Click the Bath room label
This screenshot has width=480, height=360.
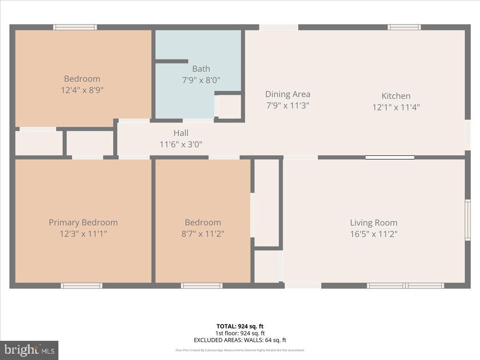click(x=201, y=69)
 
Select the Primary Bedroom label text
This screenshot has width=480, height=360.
click(x=83, y=222)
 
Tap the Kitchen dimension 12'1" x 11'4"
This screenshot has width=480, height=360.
click(x=396, y=107)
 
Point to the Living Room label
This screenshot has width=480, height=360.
click(x=374, y=223)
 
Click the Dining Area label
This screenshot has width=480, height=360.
click(x=288, y=94)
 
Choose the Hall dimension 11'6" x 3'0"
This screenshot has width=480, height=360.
click(x=181, y=144)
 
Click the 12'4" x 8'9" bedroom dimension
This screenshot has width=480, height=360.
click(x=82, y=90)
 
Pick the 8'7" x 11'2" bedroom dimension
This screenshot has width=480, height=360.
click(x=202, y=234)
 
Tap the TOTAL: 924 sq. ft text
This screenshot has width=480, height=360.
click(x=240, y=326)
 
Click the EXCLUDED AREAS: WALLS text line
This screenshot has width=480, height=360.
click(x=240, y=340)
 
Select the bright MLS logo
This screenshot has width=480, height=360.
click(x=29, y=350)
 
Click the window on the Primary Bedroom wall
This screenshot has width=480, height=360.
click(x=82, y=286)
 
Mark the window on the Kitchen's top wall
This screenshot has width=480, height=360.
click(x=404, y=27)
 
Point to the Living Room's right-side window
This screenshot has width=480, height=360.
click(x=467, y=220)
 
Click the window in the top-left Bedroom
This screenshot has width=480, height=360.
click(x=75, y=27)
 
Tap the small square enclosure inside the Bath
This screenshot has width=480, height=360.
click(x=229, y=106)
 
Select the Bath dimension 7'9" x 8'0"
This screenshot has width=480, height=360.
click(x=201, y=80)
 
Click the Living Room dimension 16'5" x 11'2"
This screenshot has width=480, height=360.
click(x=374, y=234)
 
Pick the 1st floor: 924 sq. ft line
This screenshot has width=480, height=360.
click(x=240, y=333)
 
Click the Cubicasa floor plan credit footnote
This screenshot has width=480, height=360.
click(x=240, y=350)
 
